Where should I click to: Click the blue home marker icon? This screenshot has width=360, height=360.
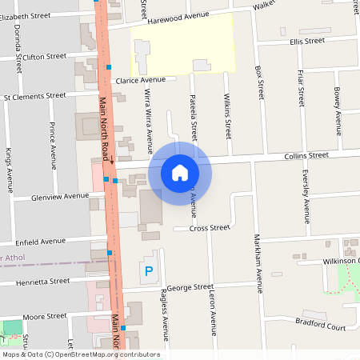coord(180,172)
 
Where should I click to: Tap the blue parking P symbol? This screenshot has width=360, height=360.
coord(148,271)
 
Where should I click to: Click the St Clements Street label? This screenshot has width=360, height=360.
coord(34,96)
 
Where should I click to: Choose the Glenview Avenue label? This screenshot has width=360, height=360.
coord(60,196)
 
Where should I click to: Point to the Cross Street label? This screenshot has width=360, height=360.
coord(210,228)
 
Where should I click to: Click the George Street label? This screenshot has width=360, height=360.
coord(189,287)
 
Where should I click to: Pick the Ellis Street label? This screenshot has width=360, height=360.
coord(307,41)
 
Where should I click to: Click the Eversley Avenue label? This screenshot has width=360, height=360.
coord(305,196)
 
